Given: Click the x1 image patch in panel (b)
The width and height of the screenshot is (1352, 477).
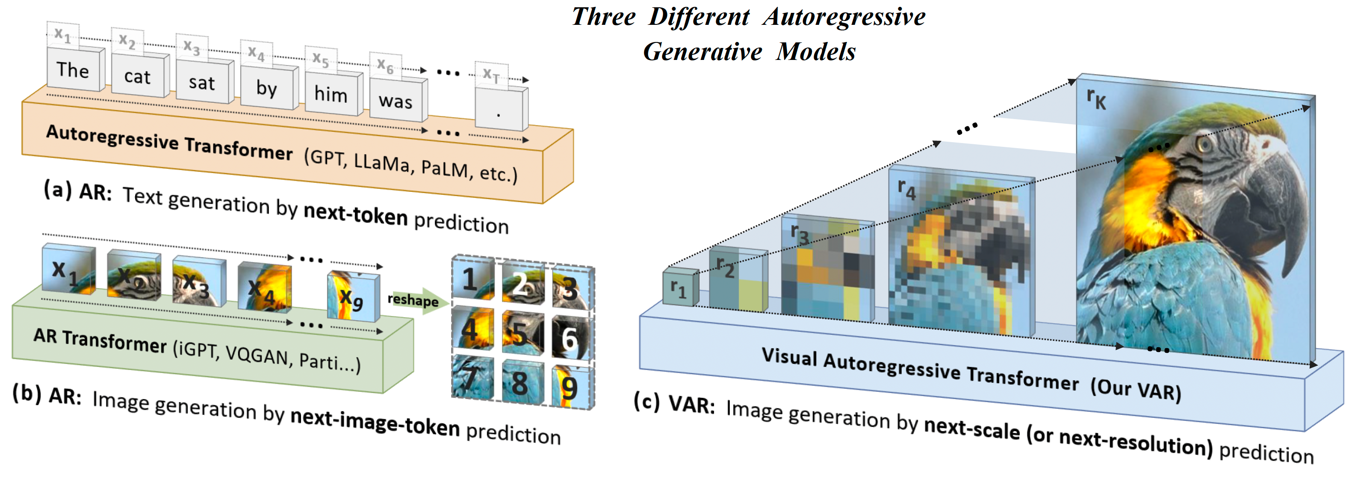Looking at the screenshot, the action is (x=69, y=269).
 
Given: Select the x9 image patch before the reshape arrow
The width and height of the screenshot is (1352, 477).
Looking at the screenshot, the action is (x=353, y=296).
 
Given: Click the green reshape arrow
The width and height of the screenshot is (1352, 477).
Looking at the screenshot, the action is (x=417, y=301).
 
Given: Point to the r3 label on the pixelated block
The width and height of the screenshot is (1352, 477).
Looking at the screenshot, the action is (x=800, y=234).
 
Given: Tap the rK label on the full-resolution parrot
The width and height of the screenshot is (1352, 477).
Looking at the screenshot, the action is (x=1096, y=99).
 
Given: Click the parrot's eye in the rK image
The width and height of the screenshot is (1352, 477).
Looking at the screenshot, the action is (x=1204, y=143).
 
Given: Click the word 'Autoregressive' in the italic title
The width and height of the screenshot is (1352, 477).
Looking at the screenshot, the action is (x=844, y=16).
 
